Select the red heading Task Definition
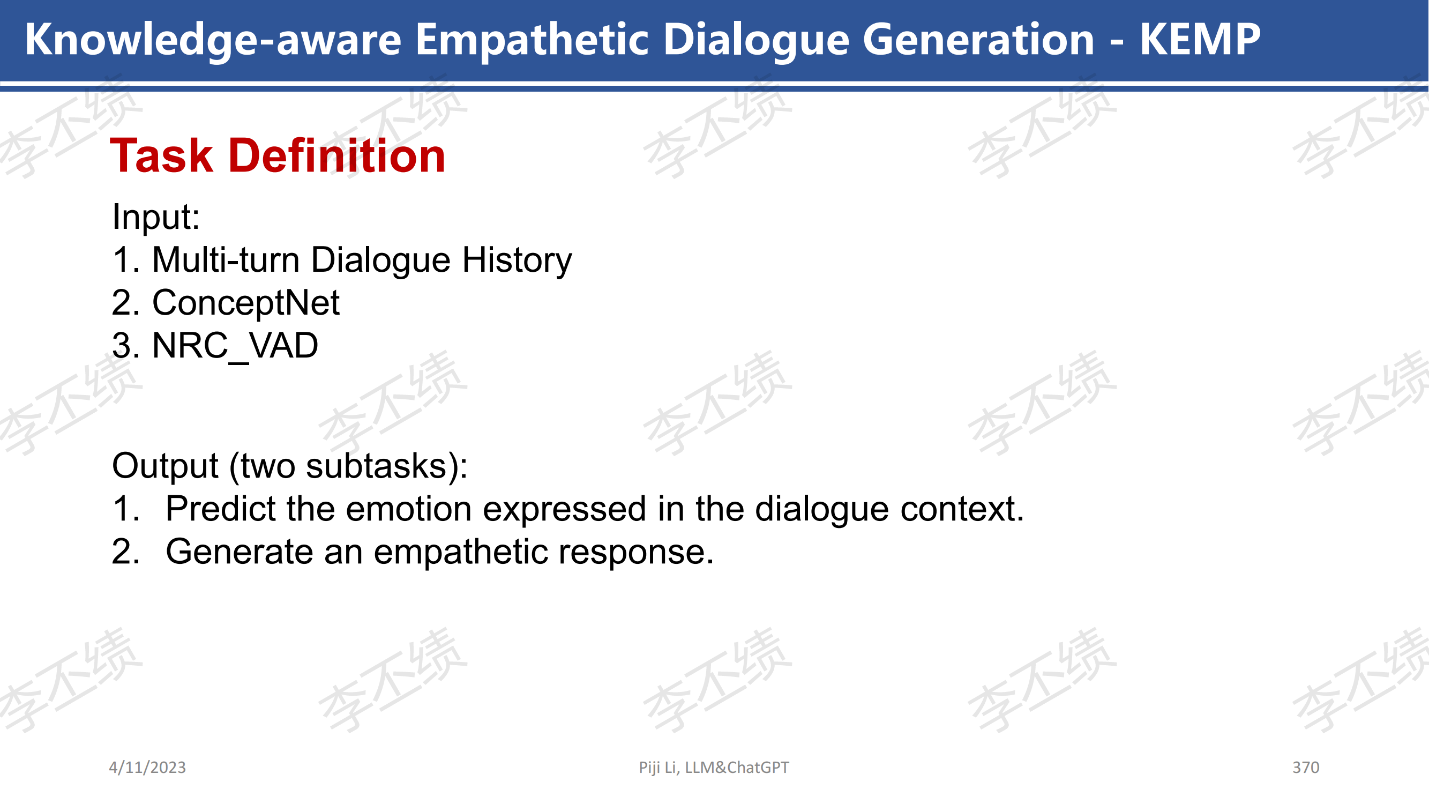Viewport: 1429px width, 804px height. (278, 155)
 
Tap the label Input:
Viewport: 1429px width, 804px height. (156, 216)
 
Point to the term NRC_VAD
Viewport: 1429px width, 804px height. (235, 346)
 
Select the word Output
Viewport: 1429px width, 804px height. (164, 466)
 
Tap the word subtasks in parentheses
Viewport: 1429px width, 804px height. (377, 466)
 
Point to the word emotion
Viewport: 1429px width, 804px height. (409, 509)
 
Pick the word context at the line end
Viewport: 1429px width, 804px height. (962, 509)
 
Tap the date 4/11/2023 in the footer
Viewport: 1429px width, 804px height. (147, 768)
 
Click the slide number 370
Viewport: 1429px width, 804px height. (1306, 768)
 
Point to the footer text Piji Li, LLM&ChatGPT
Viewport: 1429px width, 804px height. (714, 768)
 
